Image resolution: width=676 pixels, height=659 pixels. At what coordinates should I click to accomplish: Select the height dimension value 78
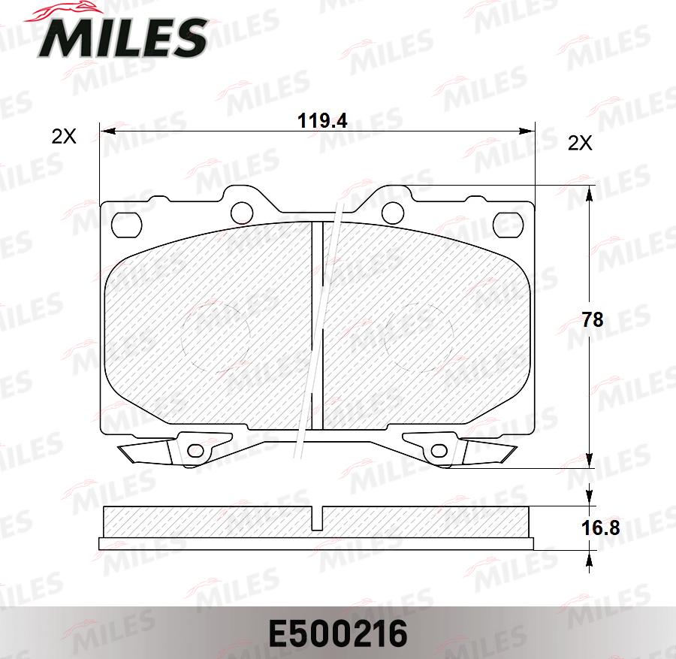(593, 319)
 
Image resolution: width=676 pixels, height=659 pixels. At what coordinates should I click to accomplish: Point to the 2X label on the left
(64, 137)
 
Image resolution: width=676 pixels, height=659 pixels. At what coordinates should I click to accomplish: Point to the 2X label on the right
(580, 143)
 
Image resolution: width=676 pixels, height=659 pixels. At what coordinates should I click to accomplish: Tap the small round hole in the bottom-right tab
(437, 451)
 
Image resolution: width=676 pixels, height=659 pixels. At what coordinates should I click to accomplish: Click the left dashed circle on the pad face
(216, 336)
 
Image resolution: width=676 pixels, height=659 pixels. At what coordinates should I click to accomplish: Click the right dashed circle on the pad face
(418, 336)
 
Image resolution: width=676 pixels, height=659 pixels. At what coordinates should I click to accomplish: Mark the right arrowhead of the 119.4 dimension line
(525, 132)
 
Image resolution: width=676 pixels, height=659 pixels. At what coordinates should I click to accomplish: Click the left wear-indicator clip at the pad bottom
(146, 452)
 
